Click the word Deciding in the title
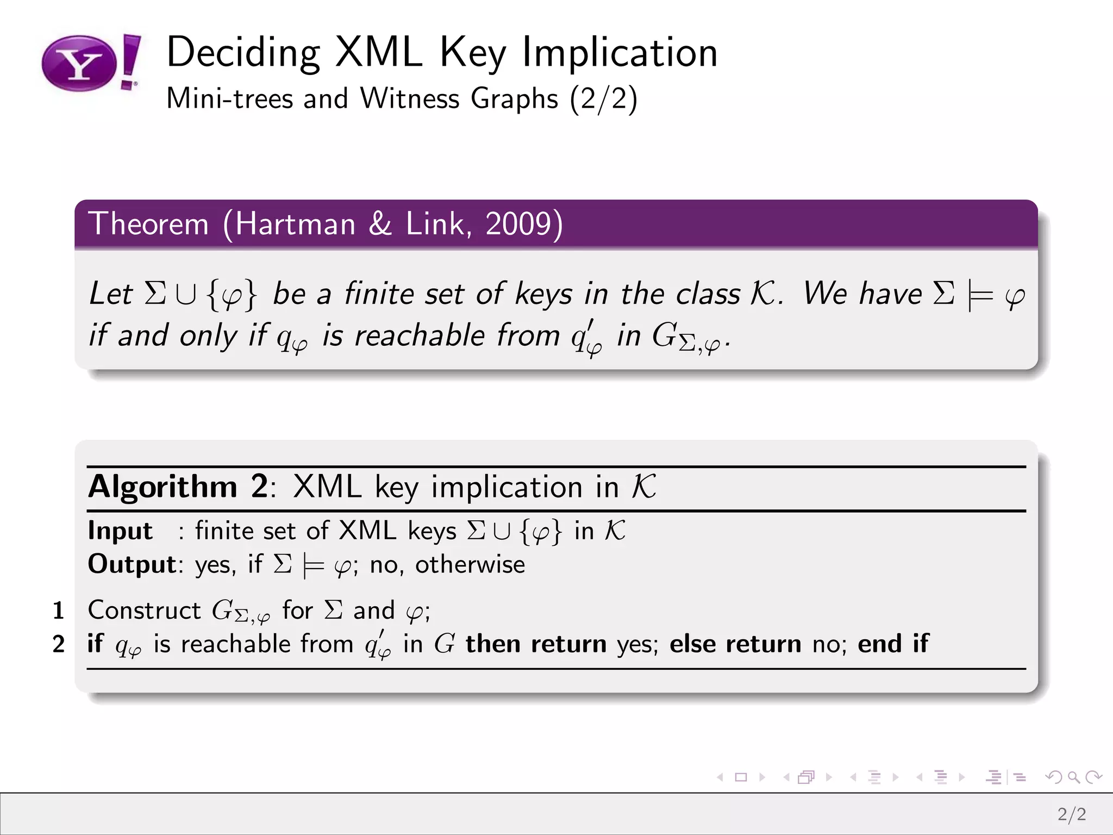(243, 53)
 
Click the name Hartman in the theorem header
(295, 223)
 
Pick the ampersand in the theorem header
(380, 223)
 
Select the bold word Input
(120, 531)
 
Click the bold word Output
(132, 564)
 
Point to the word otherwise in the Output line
(470, 564)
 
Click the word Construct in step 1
(145, 610)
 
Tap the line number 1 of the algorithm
(59, 610)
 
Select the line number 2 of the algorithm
(59, 644)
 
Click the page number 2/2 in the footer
(1072, 814)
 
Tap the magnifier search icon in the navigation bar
(1073, 777)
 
